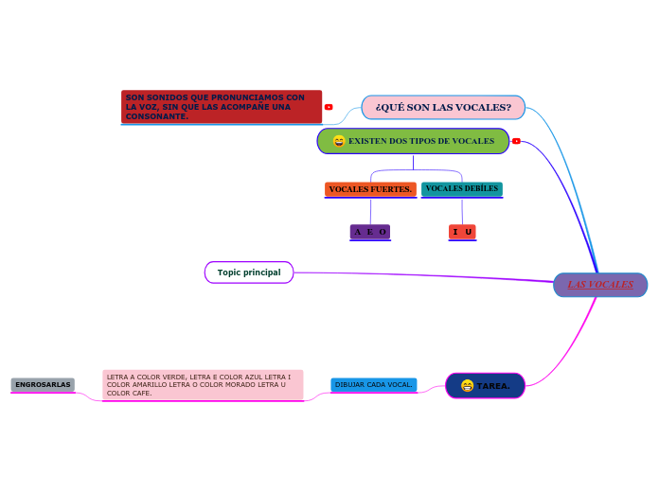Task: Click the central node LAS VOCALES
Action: (600, 285)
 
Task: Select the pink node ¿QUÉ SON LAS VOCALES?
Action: (443, 107)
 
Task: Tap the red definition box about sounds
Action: (222, 107)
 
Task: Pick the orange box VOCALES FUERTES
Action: (370, 189)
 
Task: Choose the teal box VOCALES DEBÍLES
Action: (461, 189)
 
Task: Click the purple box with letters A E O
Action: (370, 231)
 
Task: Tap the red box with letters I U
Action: (462, 232)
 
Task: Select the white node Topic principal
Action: (249, 272)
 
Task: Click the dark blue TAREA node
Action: (485, 385)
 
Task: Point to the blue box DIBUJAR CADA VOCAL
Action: (373, 384)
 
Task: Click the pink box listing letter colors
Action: (203, 384)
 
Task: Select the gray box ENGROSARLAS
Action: (43, 385)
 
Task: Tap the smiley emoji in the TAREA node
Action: (467, 386)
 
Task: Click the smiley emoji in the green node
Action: (338, 141)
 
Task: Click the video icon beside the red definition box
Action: (329, 107)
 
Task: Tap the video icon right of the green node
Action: (516, 141)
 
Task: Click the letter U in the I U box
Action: (469, 232)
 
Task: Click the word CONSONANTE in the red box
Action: (156, 116)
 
